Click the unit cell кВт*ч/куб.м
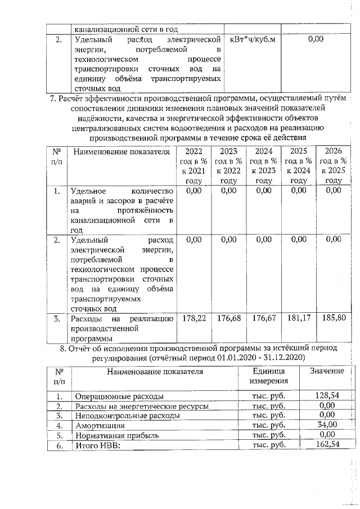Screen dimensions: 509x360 [252, 39]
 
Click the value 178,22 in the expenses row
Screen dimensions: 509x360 [193, 318]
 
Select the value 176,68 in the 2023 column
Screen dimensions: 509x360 [228, 318]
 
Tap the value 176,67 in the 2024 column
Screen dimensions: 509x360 [263, 318]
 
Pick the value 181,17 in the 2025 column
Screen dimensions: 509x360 [298, 318]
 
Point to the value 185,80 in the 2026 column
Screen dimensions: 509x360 [334, 318]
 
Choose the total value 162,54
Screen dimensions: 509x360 [327, 445]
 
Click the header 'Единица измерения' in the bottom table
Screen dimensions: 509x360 [268, 376]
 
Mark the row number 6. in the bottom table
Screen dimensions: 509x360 [59, 445]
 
